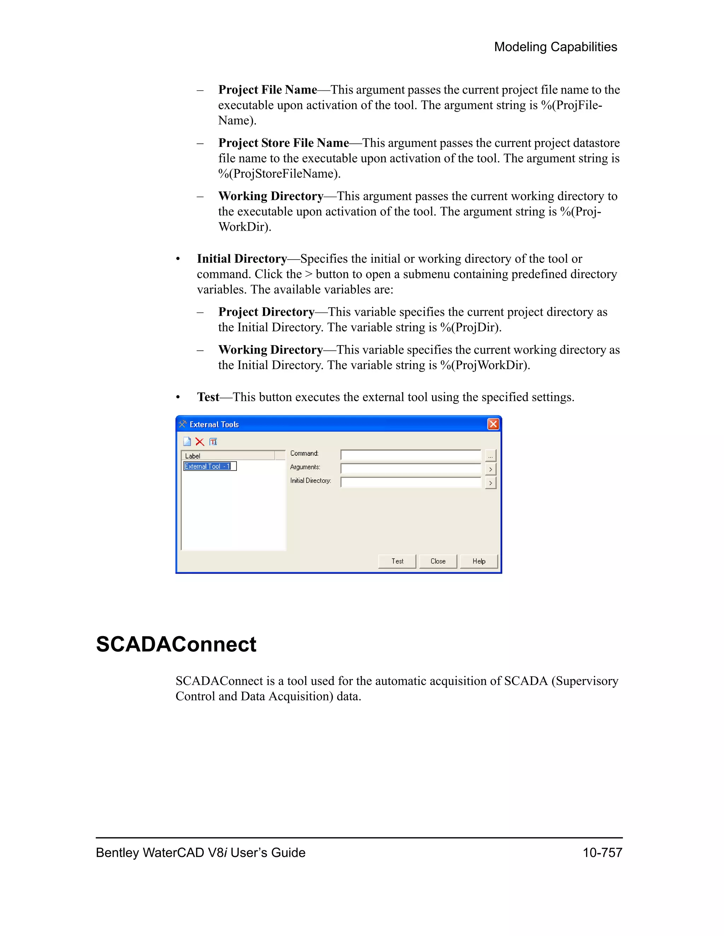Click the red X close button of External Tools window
coord(493,424)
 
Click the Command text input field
coord(410,455)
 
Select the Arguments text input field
coord(410,468)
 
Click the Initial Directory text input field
coord(410,482)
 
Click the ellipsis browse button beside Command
coord(490,456)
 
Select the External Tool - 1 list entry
coord(209,466)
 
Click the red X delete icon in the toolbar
coord(200,442)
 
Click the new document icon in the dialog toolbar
coord(187,442)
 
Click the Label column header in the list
coord(228,456)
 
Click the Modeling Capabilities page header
coord(555,47)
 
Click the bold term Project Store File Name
coord(284,143)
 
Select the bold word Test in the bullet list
coord(208,397)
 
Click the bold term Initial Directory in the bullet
coord(242,259)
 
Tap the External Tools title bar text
coord(214,424)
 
